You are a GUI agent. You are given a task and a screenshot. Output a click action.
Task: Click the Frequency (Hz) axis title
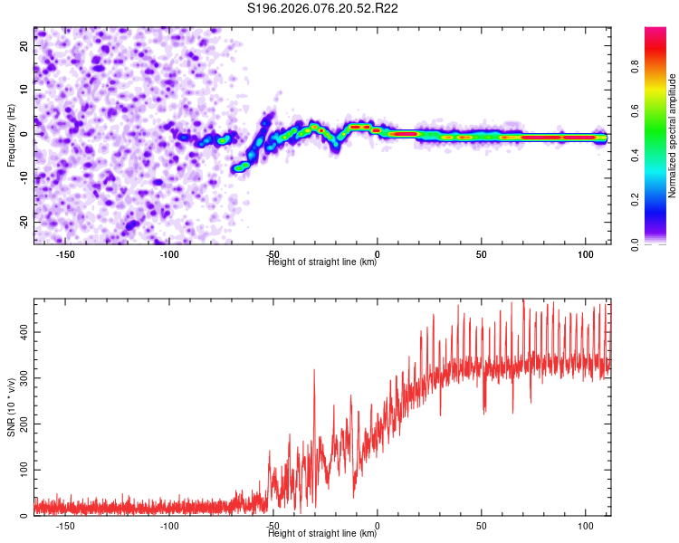coord(11,136)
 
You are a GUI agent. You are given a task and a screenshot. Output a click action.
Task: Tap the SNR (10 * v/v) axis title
coord(11,408)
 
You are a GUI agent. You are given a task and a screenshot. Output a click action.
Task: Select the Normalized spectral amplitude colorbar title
coord(673,136)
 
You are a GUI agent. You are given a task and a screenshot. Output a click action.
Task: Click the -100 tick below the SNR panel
coord(169,526)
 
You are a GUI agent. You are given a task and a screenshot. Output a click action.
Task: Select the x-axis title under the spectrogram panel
coord(323,262)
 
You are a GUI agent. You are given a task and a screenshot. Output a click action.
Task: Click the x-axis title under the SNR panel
coord(323,534)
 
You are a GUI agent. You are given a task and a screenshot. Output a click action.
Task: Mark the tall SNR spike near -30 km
coord(314,371)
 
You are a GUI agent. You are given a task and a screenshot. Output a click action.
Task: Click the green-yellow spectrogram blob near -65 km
coord(241,167)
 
